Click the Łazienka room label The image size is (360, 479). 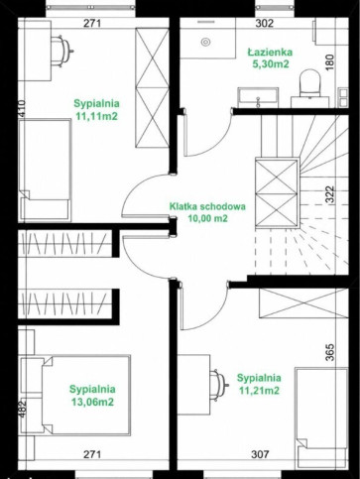point(270,52)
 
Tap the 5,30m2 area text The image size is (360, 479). point(271,64)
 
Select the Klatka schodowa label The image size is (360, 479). point(207,206)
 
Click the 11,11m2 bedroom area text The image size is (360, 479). point(96,116)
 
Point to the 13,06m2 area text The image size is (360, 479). point(92,402)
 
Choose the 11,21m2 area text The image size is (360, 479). point(259,391)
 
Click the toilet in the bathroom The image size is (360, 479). point(309,84)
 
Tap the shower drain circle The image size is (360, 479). point(205,42)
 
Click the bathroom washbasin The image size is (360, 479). point(258,98)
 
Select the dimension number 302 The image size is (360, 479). point(265,23)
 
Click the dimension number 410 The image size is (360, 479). point(22,108)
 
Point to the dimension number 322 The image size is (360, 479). point(330,194)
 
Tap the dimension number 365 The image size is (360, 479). point(330,352)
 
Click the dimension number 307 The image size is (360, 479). point(260,454)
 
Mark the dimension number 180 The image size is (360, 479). point(330,62)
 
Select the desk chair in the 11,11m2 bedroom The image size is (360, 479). point(61,52)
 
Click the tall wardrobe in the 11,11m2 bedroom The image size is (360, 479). point(152,87)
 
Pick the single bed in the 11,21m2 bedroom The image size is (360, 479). point(321,418)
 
